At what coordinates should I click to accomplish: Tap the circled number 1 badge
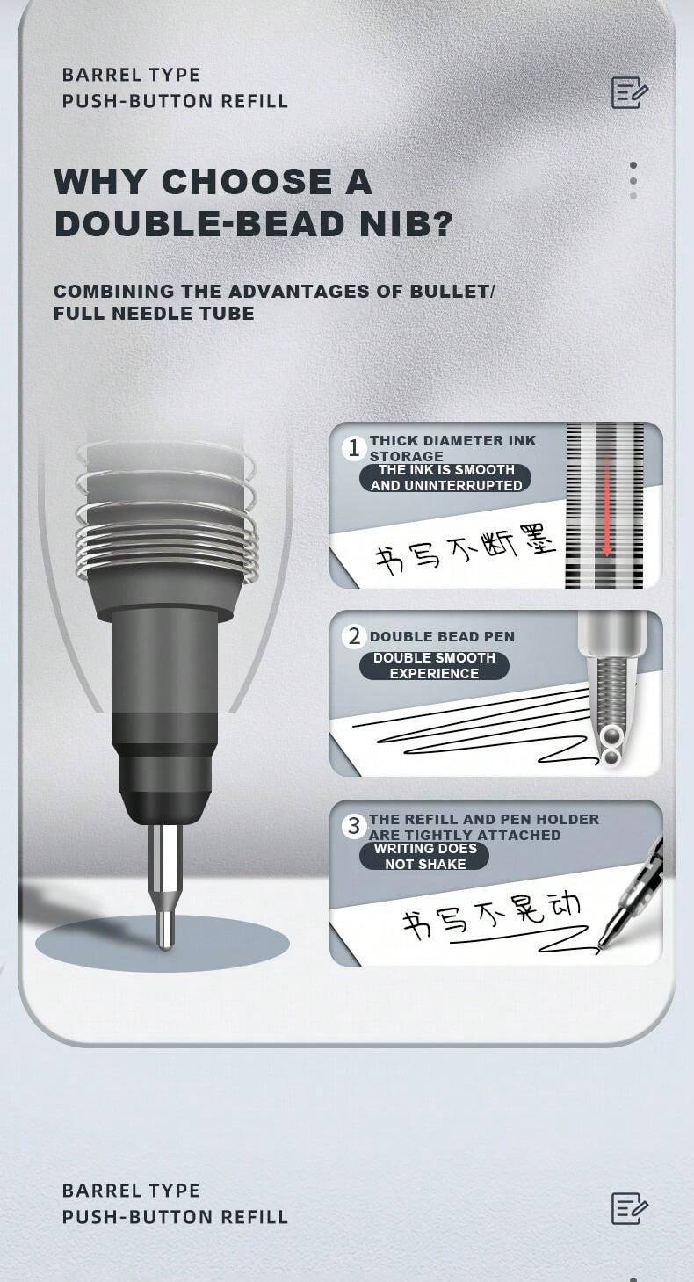coord(354,448)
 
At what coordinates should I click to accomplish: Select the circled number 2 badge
coord(354,636)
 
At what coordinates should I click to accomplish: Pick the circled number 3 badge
coord(354,826)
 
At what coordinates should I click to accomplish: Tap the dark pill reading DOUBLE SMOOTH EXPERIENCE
coord(434,665)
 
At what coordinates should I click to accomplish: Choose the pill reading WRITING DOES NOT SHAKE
coord(424,856)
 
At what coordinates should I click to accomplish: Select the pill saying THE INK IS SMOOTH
coord(446,477)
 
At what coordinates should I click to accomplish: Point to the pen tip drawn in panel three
coord(606,940)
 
